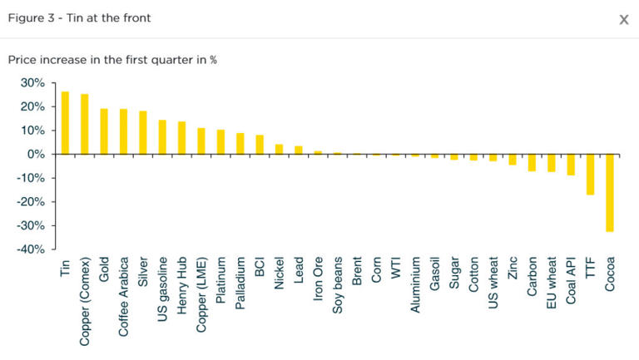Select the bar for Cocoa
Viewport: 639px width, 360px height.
609,192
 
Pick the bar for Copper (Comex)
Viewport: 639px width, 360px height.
84,124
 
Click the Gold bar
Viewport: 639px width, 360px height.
104,131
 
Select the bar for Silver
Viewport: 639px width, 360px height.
142,133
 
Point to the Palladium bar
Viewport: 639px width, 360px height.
240,144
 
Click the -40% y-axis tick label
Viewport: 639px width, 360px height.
29,249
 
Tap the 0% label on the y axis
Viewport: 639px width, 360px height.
35,155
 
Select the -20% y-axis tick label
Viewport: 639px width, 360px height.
29,202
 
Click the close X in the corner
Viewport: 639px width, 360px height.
623,19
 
